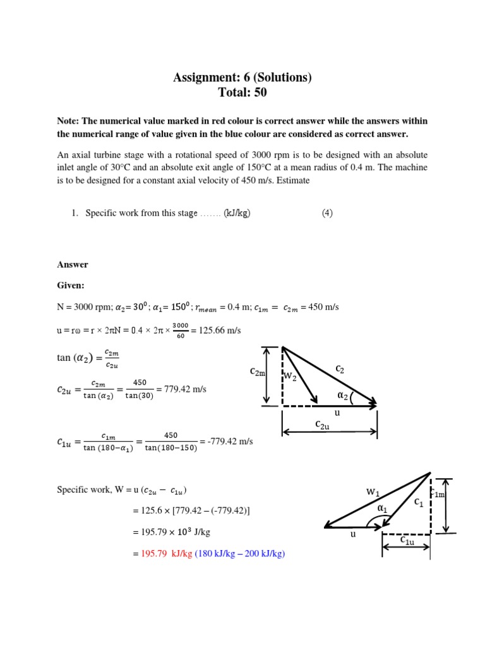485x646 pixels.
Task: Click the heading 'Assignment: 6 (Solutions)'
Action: [242, 78]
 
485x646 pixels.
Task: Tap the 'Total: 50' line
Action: [242, 93]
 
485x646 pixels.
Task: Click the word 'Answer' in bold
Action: [73, 264]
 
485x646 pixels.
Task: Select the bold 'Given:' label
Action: [71, 285]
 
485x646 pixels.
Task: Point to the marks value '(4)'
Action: [326, 213]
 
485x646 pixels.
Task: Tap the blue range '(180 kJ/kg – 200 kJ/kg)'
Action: [240, 554]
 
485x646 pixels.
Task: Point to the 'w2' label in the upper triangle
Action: [290, 377]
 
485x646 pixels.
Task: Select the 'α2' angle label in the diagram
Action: [343, 396]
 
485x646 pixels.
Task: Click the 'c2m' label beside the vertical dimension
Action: [258, 373]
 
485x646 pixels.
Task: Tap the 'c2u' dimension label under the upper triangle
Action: [323, 425]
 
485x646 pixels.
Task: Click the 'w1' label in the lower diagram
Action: [373, 491]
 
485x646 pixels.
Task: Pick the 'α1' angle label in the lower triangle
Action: [382, 508]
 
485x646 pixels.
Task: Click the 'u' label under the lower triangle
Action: [353, 534]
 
